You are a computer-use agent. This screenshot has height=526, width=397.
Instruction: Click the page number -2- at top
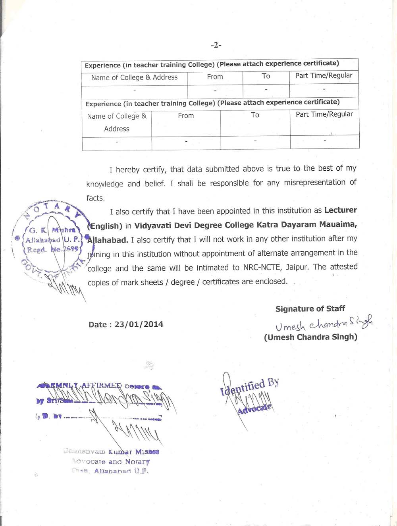pyautogui.click(x=216, y=45)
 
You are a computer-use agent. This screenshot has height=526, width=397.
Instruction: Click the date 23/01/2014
pyautogui.click(x=139, y=324)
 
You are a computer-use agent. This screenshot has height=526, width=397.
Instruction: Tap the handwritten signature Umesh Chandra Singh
pyautogui.click(x=324, y=324)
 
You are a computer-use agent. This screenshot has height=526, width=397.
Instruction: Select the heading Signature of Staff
pyautogui.click(x=310, y=308)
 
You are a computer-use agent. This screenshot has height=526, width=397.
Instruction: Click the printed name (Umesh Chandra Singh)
pyautogui.click(x=310, y=337)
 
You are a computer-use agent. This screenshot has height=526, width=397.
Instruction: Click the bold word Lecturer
pyautogui.click(x=340, y=210)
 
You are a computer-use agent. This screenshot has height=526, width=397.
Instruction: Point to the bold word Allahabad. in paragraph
pyautogui.click(x=108, y=240)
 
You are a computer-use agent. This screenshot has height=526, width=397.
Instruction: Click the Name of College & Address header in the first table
pyautogui.click(x=134, y=77)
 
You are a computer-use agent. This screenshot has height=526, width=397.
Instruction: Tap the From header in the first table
pyautogui.click(x=215, y=77)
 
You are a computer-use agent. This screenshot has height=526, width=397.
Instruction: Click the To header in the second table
pyautogui.click(x=255, y=115)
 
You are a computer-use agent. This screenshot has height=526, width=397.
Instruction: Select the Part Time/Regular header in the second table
pyautogui.click(x=324, y=114)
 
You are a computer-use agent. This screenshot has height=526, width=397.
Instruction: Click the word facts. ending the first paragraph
pyautogui.click(x=95, y=198)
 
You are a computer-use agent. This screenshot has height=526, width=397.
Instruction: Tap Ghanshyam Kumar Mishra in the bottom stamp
pyautogui.click(x=111, y=452)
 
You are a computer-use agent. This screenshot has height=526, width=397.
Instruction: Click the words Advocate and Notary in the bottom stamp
pyautogui.click(x=112, y=462)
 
